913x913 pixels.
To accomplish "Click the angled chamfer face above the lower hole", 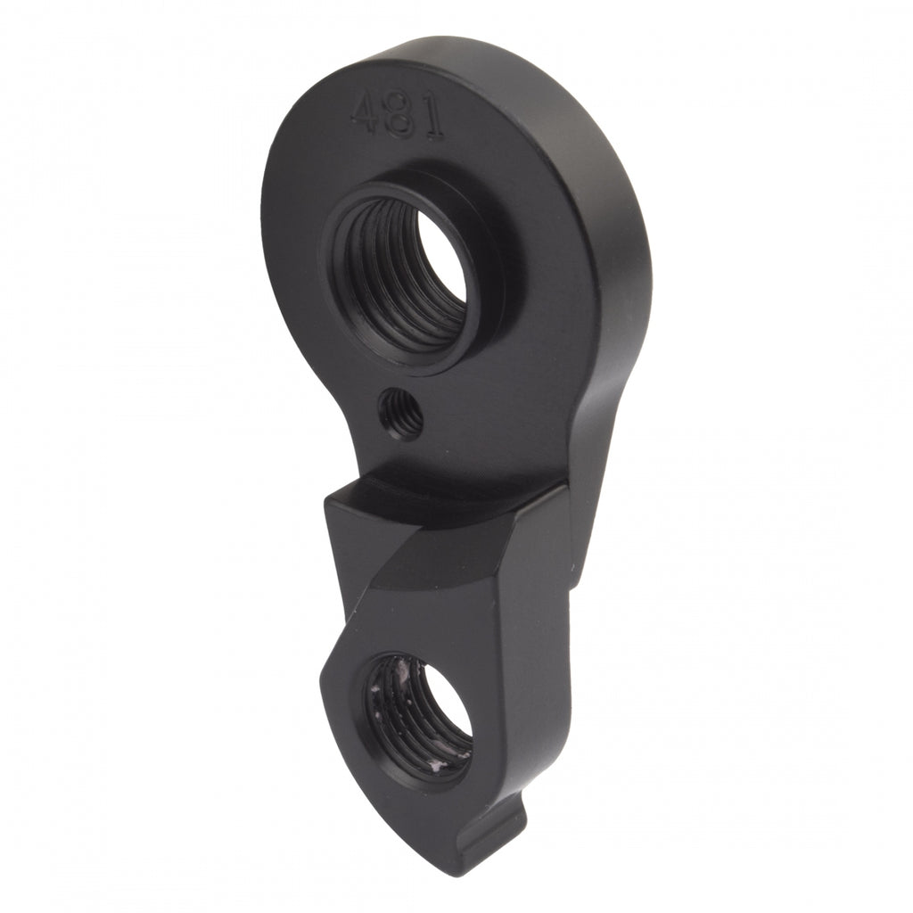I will pos(446,562).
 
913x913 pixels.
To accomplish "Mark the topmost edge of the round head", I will pos(446,40).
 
